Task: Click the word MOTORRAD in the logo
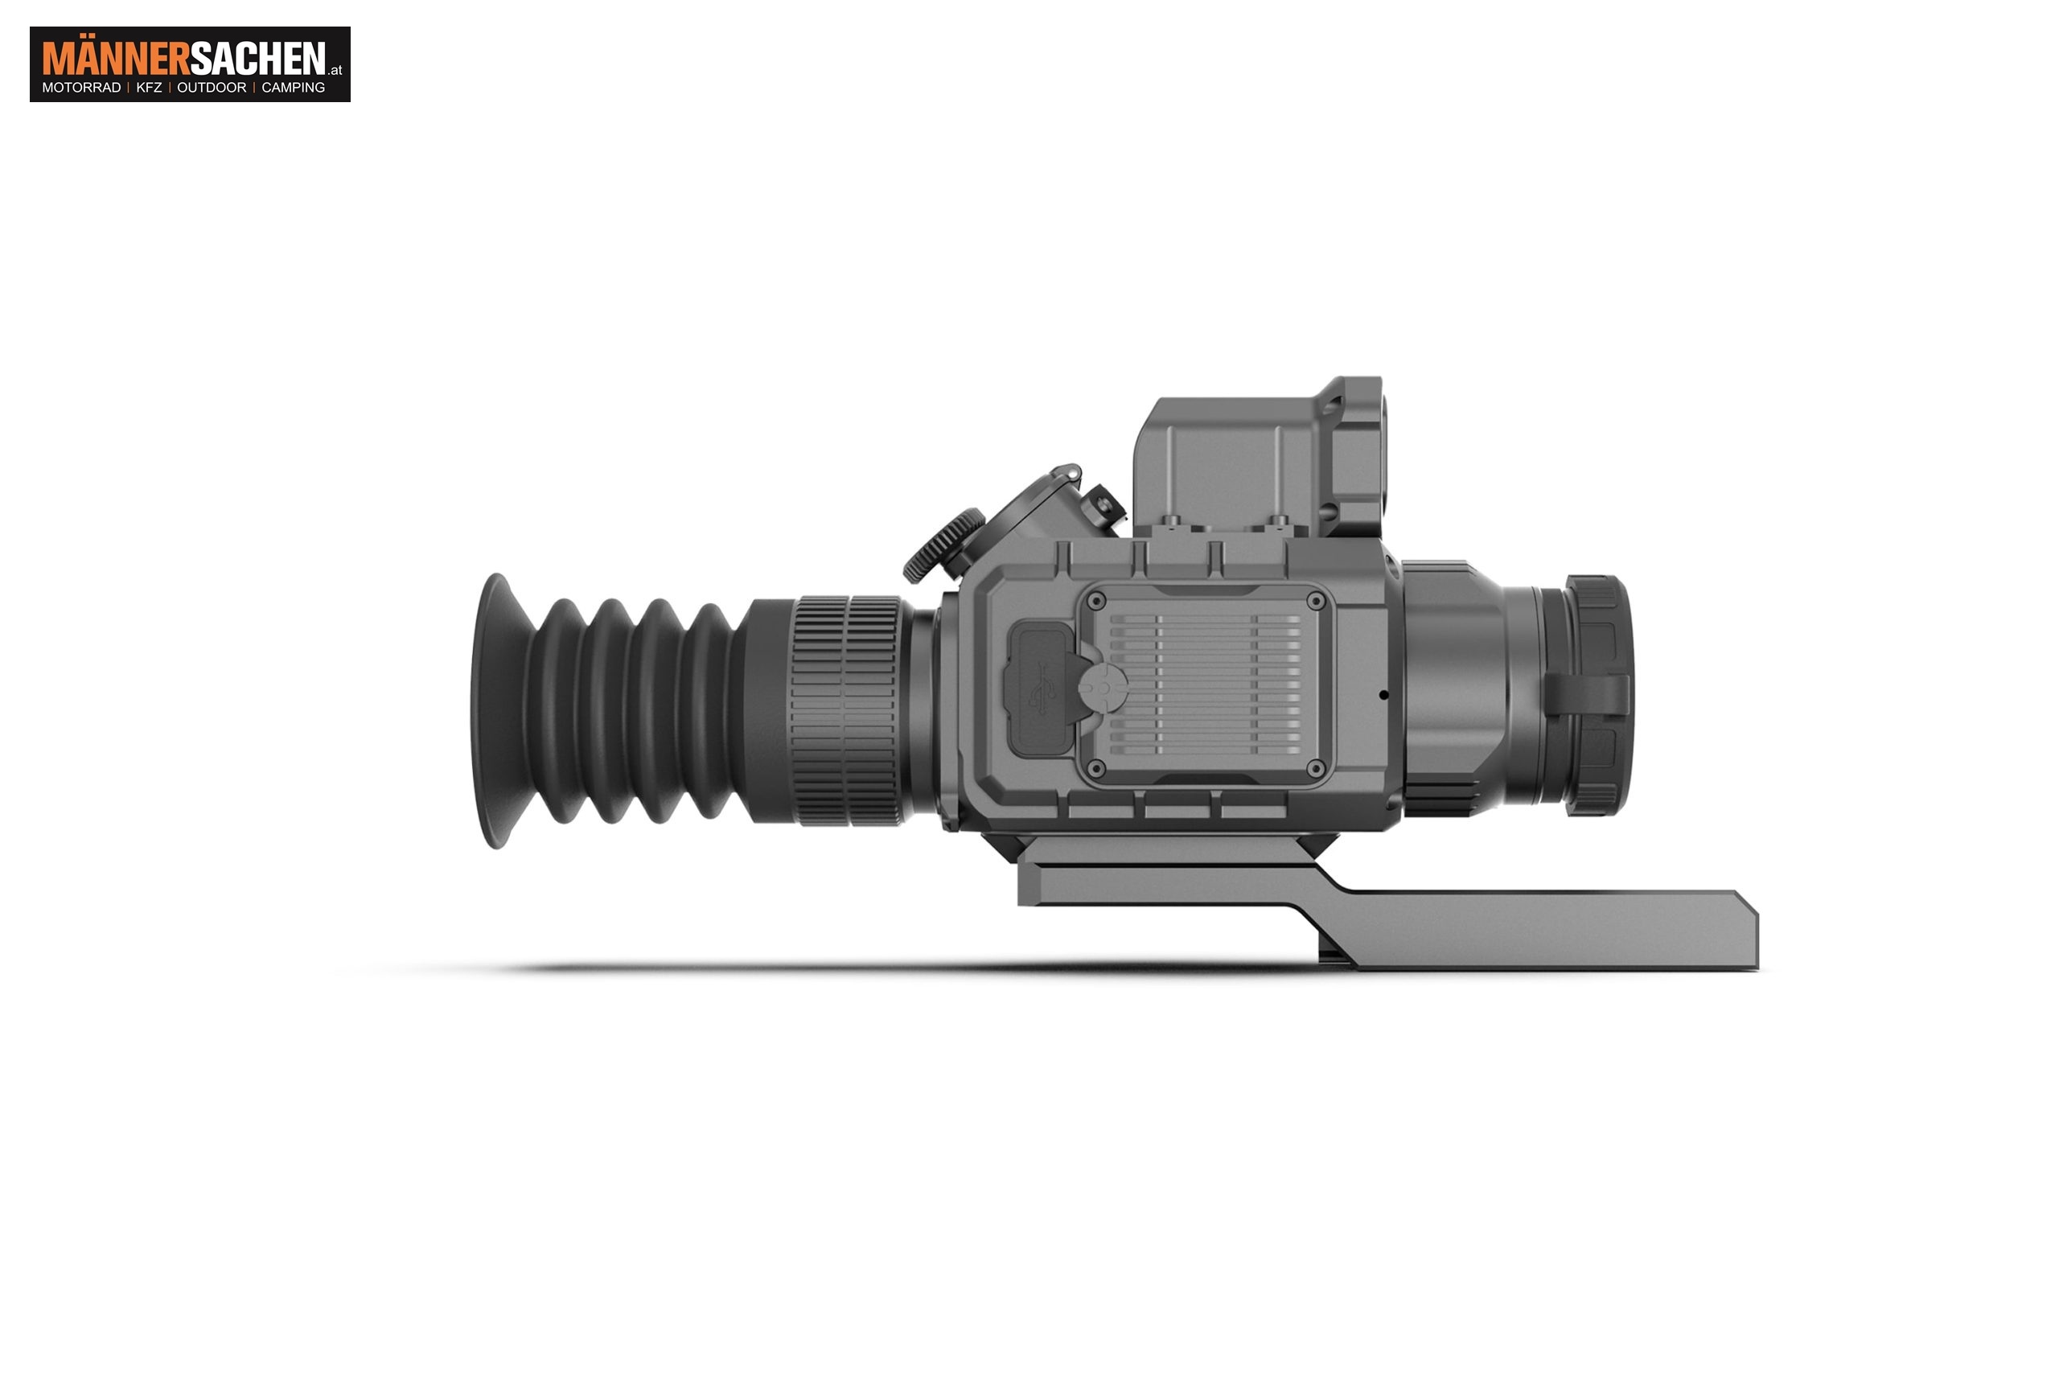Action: pos(81,88)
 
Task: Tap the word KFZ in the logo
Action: pos(149,88)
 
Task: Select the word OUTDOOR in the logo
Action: pos(212,88)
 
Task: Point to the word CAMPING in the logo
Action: pos(294,88)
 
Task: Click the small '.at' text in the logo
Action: pos(336,70)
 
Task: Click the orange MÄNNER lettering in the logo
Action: pos(116,58)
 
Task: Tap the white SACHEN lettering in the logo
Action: pos(257,59)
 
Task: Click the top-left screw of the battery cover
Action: pos(1096,601)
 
